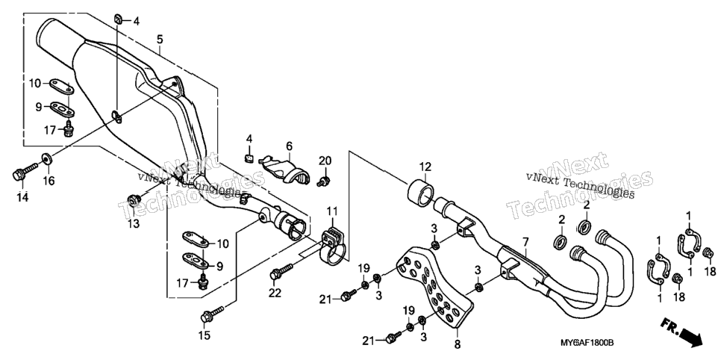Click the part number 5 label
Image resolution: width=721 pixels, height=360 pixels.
point(160,40)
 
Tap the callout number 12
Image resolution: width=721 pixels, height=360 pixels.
point(425,167)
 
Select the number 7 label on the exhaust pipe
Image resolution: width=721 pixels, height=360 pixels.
point(525,242)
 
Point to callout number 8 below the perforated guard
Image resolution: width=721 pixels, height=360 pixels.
point(458,343)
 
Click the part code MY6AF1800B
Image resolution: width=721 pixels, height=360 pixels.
point(587,344)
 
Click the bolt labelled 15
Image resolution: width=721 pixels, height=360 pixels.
point(212,314)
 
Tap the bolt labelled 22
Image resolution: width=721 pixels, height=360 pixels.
point(282,270)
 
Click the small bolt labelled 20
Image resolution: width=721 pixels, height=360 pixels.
point(324,181)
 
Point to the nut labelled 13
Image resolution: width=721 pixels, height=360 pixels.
point(134,199)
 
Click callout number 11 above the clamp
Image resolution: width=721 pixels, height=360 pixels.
point(332,212)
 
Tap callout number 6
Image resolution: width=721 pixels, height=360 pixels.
point(290,146)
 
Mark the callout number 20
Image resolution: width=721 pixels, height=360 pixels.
point(325,161)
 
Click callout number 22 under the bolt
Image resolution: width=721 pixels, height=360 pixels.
point(275,292)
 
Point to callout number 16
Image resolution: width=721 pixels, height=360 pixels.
point(49,181)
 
